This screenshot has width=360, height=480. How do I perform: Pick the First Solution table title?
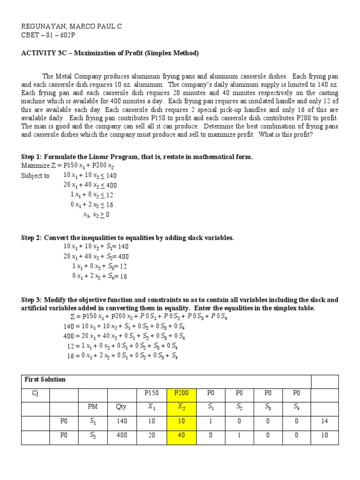45,379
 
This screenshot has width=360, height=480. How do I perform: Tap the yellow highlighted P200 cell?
180,394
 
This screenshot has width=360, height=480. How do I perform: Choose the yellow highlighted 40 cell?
180,435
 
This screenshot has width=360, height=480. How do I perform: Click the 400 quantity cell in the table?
122,435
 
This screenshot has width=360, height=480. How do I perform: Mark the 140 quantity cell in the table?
122,421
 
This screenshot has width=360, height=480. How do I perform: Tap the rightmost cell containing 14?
325,421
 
